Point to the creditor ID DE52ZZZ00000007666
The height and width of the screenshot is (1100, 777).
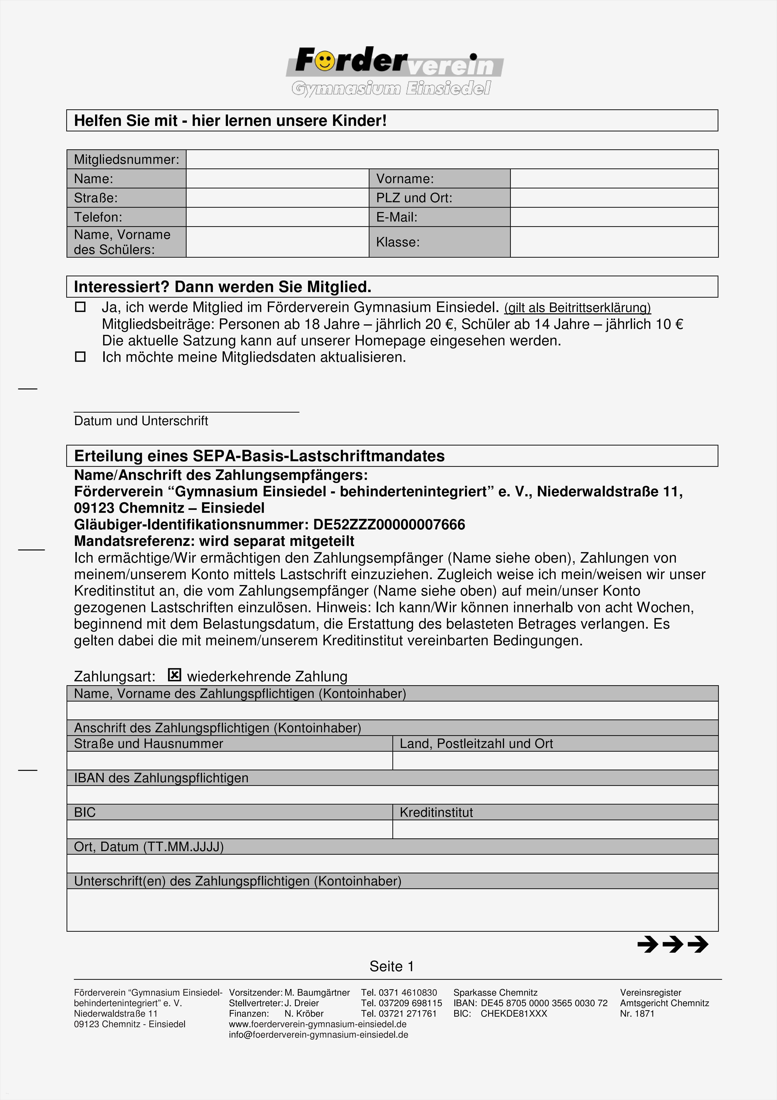tap(389, 525)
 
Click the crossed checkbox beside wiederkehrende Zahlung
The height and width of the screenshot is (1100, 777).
tap(175, 675)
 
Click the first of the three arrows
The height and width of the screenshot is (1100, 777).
tap(648, 944)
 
